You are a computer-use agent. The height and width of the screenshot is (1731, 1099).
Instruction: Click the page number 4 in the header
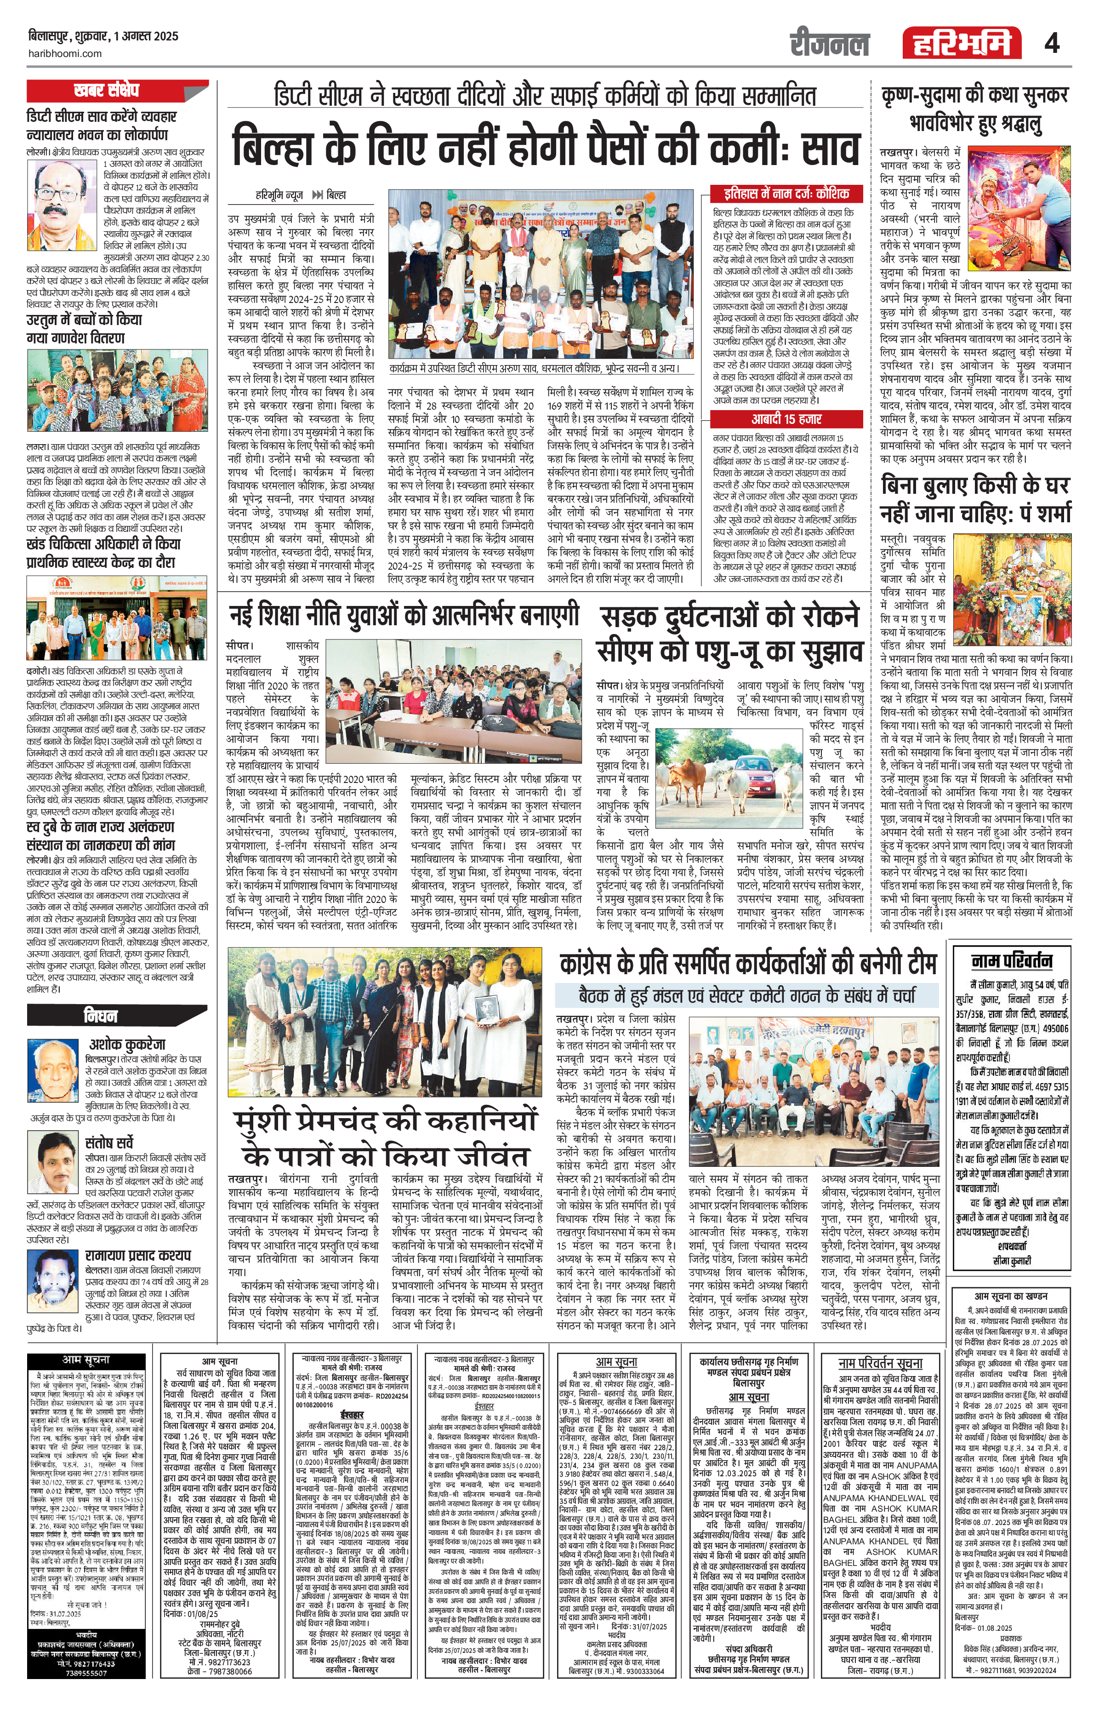[1052, 45]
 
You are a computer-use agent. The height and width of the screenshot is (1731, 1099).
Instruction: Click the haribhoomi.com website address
[65, 54]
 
